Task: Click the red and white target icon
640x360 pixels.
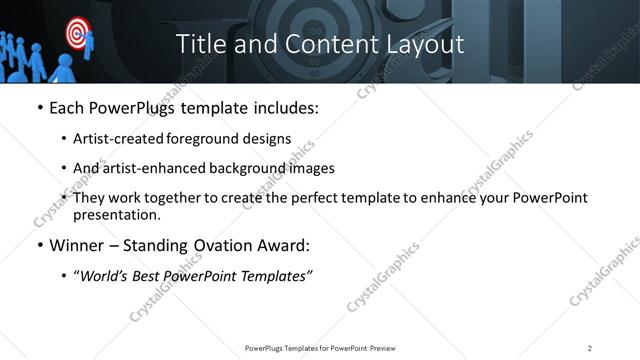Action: click(76, 33)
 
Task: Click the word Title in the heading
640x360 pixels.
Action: click(200, 44)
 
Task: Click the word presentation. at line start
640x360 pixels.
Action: click(115, 214)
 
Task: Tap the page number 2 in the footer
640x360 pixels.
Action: click(590, 347)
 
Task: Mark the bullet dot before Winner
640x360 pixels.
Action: click(40, 246)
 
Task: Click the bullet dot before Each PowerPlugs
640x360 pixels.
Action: click(40, 108)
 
